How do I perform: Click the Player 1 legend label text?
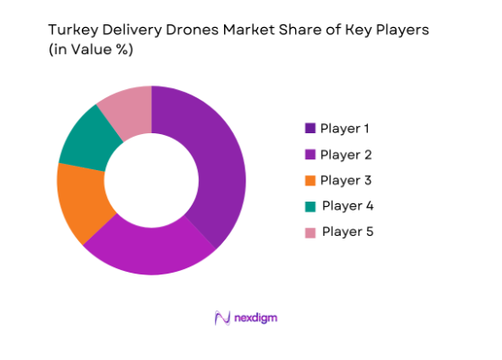click(x=346, y=128)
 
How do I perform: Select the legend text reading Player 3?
click(x=346, y=180)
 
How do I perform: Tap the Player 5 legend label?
click(x=346, y=231)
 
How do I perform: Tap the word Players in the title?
click(x=404, y=30)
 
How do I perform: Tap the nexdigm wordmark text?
click(x=264, y=318)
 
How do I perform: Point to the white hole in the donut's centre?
click(x=151, y=180)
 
